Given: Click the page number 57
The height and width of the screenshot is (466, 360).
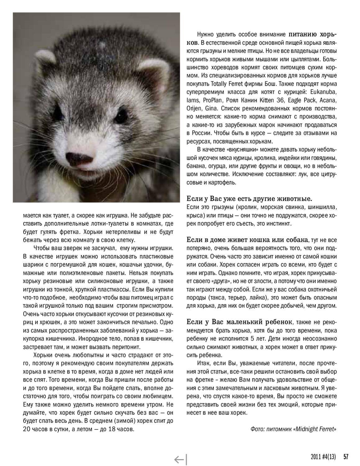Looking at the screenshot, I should pyautogui.click(x=346, y=456).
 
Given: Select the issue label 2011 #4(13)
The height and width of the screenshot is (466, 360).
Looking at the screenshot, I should pyautogui.click(x=323, y=456).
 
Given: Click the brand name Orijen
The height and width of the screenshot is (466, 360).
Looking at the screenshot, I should pyautogui.click(x=194, y=108).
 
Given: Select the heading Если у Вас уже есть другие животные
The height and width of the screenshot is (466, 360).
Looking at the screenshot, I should pyautogui.click(x=249, y=199).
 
